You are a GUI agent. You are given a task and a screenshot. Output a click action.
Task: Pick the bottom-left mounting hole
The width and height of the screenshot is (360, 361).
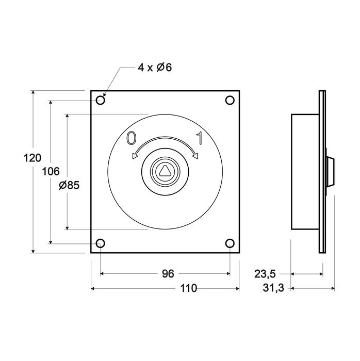click(101, 243)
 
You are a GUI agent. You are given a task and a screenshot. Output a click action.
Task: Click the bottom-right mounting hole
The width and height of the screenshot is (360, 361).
click(230, 243)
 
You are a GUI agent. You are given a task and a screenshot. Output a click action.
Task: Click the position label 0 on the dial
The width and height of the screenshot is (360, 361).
click(132, 138)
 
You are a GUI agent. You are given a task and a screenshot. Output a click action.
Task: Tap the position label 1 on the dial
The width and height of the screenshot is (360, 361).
click(199, 138)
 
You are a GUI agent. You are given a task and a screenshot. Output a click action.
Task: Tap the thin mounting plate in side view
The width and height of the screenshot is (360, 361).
click(322, 172)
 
